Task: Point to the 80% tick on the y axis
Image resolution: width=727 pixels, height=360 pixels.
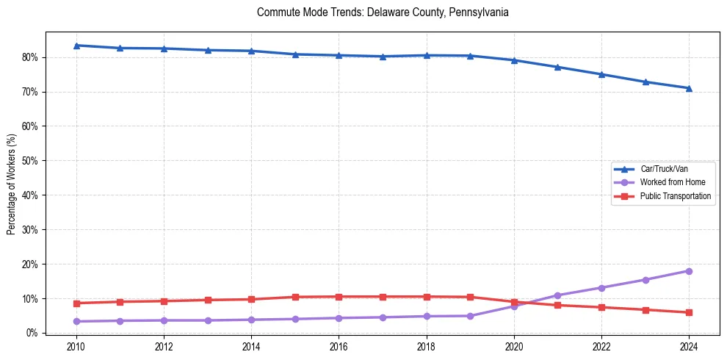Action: point(31,57)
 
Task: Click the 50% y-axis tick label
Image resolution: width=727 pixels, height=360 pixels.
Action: point(31,161)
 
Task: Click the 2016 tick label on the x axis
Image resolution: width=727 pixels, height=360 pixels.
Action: point(339,347)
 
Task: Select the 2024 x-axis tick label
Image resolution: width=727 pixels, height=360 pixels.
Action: point(689,347)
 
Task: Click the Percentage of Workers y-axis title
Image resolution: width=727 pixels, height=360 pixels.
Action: point(12,184)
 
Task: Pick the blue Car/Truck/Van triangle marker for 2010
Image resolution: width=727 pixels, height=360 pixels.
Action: point(76,46)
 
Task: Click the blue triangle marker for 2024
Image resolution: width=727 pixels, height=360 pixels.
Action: point(689,88)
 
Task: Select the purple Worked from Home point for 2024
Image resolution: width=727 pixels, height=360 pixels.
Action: point(689,271)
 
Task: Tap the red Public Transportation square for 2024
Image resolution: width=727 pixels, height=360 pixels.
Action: point(689,312)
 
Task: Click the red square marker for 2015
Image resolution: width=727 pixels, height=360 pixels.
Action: point(295,297)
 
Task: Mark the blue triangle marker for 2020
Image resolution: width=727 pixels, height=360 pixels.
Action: point(514,60)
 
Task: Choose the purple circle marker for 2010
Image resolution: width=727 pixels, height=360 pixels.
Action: point(76,321)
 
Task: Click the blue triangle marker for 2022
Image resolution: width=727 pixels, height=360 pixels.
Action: point(601,74)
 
